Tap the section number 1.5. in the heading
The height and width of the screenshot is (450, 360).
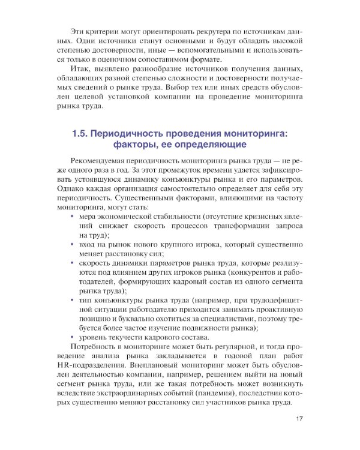pos(83,135)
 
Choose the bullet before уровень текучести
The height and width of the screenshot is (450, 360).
pos(72,337)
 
